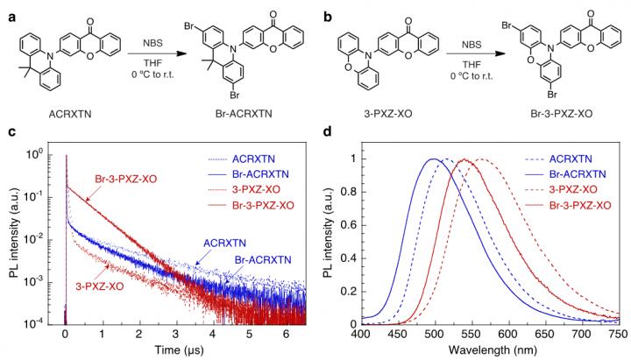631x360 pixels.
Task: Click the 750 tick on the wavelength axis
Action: (x=617, y=335)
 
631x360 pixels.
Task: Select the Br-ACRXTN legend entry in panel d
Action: (x=581, y=174)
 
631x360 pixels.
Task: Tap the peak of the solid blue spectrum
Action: (x=434, y=159)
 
